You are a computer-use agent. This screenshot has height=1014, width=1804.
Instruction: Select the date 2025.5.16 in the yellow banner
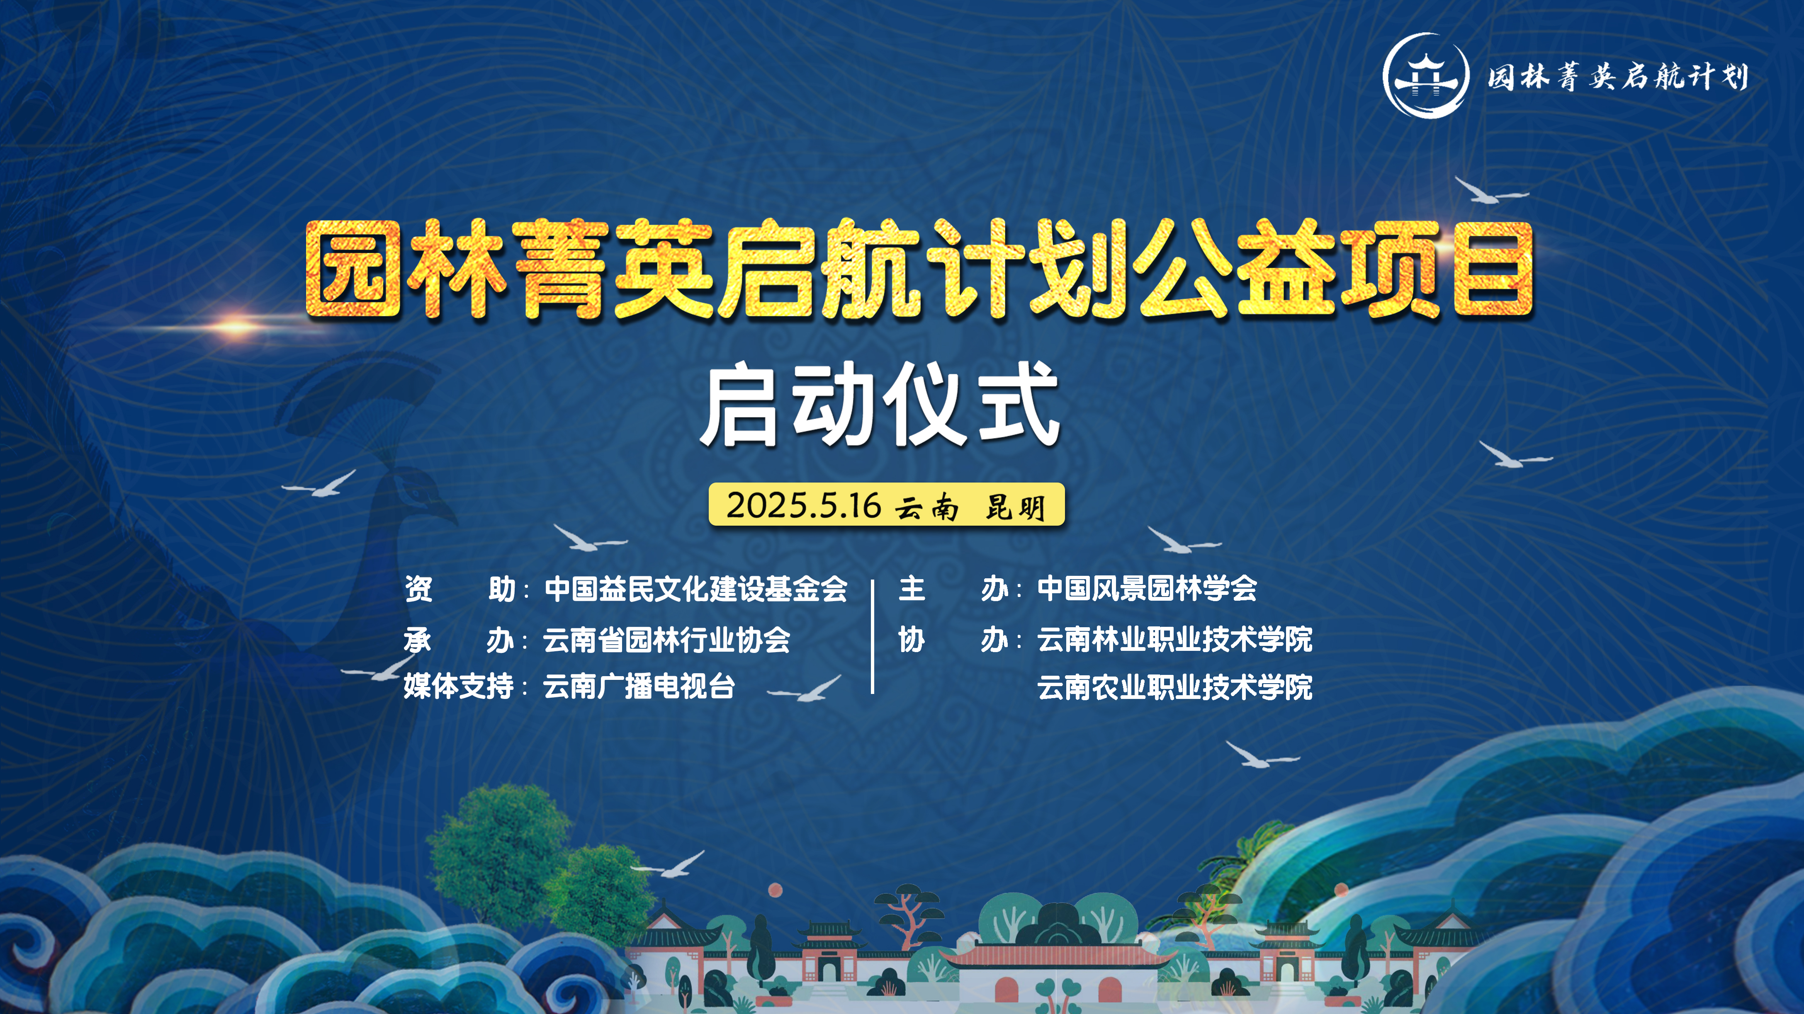pos(803,505)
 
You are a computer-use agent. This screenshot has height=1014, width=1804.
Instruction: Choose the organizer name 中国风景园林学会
pos(1147,588)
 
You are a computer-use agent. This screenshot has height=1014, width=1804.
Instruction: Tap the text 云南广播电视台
pos(639,686)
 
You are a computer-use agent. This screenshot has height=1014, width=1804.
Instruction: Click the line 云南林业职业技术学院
pos(1174,639)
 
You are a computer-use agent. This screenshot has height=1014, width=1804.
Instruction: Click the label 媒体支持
pos(459,686)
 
